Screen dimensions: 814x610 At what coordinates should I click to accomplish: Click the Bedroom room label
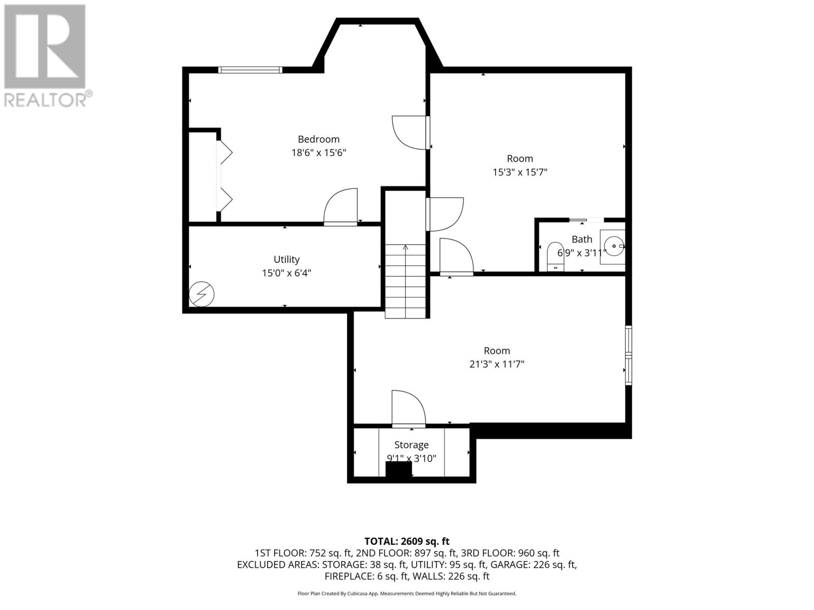[318, 139]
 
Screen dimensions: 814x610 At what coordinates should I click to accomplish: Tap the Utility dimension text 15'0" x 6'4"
[286, 273]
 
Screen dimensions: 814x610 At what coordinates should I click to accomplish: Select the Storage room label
[411, 445]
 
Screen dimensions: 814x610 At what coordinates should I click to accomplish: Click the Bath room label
[582, 239]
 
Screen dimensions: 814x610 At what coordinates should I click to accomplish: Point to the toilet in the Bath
[555, 256]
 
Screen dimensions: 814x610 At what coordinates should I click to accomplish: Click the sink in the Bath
[613, 247]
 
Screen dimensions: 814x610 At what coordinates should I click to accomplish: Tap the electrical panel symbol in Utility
[201, 294]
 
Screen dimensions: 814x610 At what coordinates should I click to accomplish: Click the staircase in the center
[405, 281]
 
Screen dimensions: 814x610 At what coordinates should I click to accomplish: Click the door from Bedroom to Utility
[340, 207]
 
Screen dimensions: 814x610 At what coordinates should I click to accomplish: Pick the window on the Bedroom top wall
[250, 70]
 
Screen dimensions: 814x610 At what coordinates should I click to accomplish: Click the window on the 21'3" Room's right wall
[629, 355]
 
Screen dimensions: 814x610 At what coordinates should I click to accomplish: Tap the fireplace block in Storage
[399, 471]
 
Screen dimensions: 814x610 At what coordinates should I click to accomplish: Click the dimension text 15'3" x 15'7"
[520, 172]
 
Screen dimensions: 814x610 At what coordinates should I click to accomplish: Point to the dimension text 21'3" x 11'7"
[497, 364]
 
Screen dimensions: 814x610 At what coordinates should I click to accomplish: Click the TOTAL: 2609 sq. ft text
[407, 541]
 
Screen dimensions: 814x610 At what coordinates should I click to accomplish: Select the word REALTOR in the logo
[45, 100]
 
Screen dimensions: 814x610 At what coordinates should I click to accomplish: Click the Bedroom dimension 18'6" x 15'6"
[318, 152]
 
